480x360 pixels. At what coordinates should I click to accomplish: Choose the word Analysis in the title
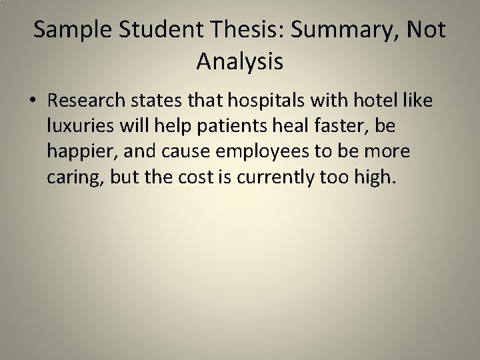240,63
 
